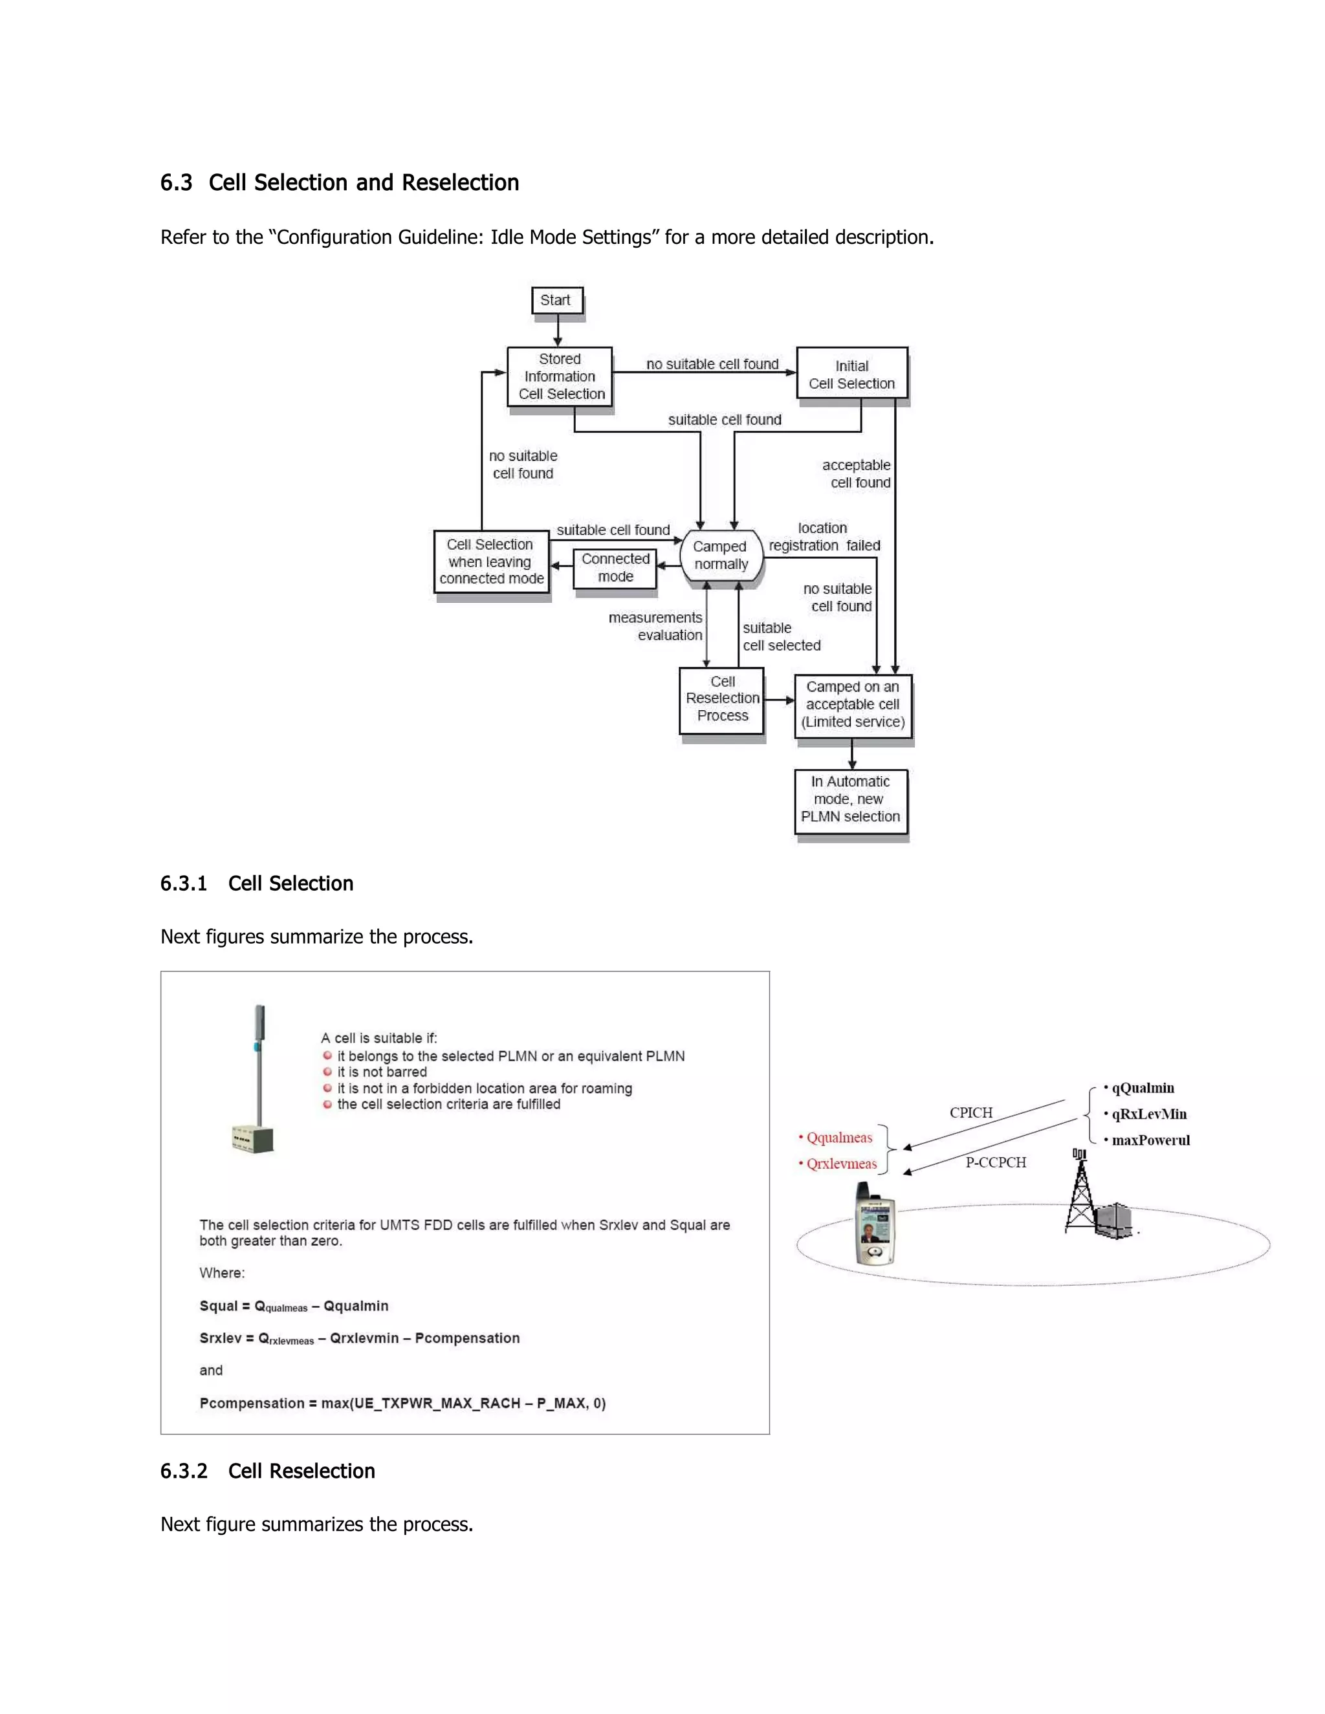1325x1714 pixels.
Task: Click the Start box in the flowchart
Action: tap(556, 301)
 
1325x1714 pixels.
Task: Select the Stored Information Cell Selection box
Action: tap(560, 376)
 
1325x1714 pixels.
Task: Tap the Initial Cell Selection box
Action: tap(851, 374)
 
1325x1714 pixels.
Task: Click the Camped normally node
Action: tap(721, 556)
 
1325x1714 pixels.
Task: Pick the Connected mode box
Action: tap(615, 567)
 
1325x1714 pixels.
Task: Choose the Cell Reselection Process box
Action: tap(722, 699)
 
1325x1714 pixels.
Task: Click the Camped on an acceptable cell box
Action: tap(853, 705)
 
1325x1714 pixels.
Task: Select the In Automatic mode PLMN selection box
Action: tap(851, 799)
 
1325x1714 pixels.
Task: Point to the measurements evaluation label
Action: tap(656, 626)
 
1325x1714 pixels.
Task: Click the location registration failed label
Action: tap(824, 537)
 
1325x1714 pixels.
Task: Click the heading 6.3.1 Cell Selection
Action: tap(257, 884)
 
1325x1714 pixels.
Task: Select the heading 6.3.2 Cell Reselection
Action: tap(268, 1471)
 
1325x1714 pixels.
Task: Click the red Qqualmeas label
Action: tap(838, 1138)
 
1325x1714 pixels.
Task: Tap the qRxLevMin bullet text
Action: tap(1148, 1114)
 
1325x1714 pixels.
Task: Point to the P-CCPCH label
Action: tap(995, 1162)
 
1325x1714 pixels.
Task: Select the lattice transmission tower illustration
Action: tap(1081, 1192)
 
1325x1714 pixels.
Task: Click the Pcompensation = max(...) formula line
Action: tap(402, 1404)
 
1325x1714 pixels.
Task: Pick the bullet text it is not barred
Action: tap(382, 1072)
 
